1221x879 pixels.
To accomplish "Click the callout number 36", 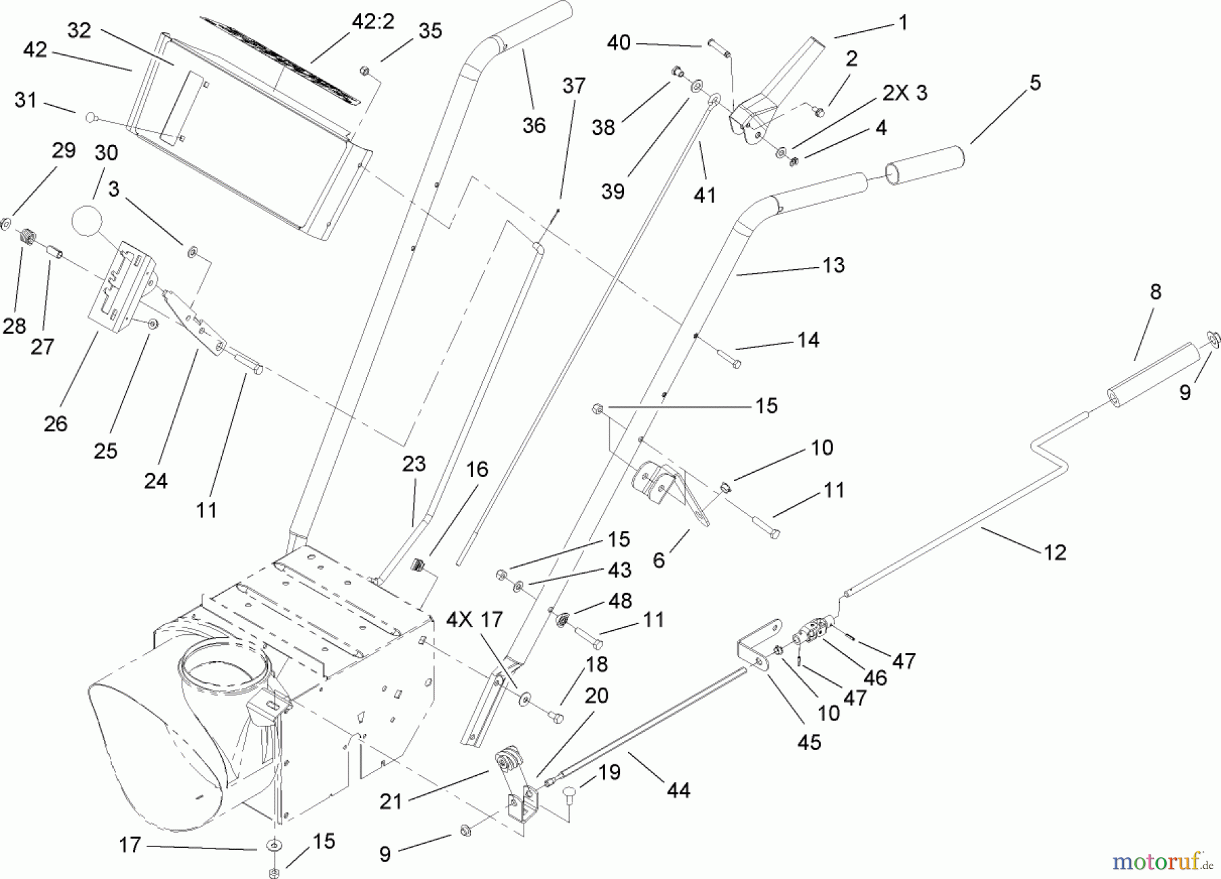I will click(534, 125).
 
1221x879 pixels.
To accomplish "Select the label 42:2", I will click(373, 22).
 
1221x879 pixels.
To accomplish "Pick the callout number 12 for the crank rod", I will click(1055, 553).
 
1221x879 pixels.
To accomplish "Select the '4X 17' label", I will click(474, 619).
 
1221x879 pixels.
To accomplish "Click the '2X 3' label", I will click(904, 93).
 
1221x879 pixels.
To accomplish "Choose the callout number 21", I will click(391, 802).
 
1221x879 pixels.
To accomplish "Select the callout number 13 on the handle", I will click(833, 265).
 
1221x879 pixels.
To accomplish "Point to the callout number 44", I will click(678, 790).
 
